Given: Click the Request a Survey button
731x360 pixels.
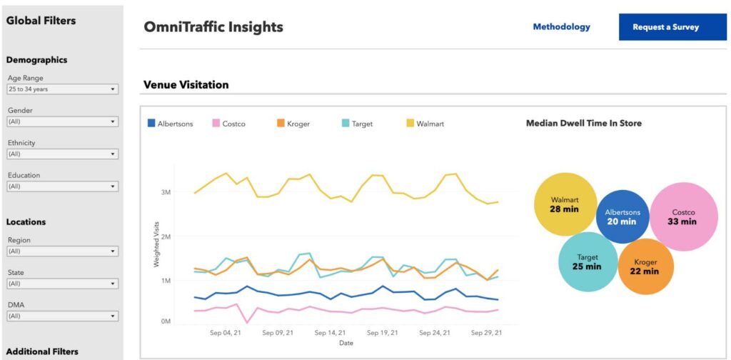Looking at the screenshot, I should [665, 27].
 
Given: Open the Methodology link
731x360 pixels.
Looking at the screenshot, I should [561, 27].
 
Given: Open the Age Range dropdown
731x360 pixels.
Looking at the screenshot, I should [62, 89].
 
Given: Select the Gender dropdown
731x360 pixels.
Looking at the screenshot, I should [62, 121].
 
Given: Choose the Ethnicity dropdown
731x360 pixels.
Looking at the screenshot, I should [62, 154].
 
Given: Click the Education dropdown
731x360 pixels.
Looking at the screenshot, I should [62, 186].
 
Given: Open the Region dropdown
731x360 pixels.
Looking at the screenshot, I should [62, 251].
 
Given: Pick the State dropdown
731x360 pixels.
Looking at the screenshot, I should [62, 284].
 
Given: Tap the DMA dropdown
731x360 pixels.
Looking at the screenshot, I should [62, 316].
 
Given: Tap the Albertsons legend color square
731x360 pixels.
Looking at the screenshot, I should [151, 124].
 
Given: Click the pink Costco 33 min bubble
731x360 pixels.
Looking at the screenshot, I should [683, 216].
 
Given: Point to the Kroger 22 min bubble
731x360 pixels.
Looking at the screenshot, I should [645, 266].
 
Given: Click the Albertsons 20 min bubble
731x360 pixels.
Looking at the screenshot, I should [622, 216].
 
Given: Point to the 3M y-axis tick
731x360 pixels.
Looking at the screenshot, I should [165, 192].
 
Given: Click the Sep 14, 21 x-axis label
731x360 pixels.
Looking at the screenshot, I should [330, 332].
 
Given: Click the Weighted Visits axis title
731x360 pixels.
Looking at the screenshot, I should [156, 244].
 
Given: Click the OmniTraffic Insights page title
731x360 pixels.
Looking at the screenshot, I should [213, 27].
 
